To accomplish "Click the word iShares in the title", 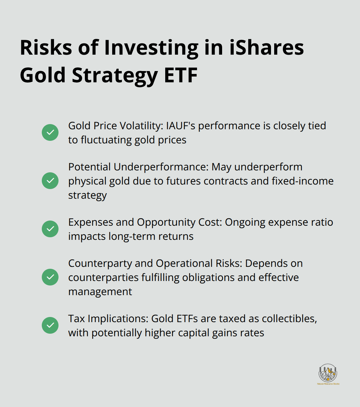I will pos(266,48).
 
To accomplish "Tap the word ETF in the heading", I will pos(181,75).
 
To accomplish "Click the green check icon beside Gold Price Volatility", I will pos(50,132).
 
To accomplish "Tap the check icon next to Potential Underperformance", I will pos(50,181).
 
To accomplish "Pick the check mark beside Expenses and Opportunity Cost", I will pos(50,229).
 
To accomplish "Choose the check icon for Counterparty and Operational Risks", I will pos(50,277).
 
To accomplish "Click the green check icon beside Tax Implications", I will pos(50,325).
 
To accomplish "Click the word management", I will pos(100,292).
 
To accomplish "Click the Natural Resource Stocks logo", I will pos(328,374).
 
